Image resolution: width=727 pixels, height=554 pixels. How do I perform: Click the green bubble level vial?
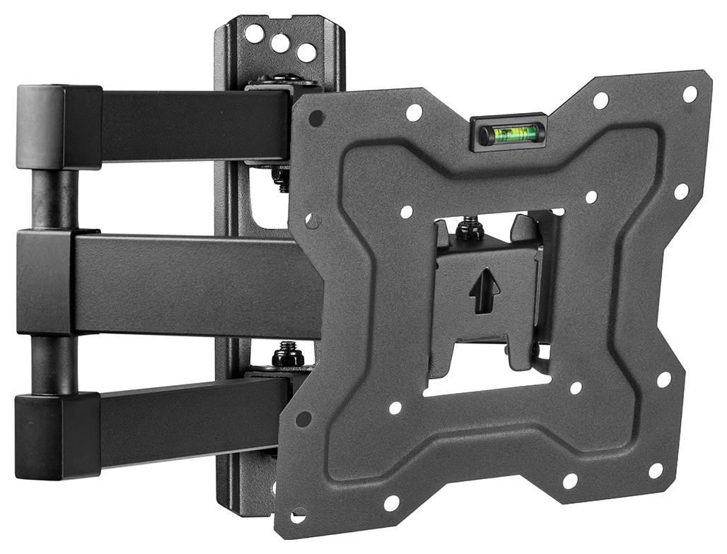508,133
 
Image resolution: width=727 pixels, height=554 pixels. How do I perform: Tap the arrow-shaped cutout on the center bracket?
484,289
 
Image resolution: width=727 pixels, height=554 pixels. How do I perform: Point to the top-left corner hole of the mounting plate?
316,118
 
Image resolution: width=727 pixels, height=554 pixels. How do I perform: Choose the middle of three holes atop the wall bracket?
280,42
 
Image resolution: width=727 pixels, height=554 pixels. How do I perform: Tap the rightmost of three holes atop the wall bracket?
306,52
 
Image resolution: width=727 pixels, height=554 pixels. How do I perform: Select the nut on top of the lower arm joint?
287,354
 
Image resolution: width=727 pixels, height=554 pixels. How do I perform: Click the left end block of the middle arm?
45,281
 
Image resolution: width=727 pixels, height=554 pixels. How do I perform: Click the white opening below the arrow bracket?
488,385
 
